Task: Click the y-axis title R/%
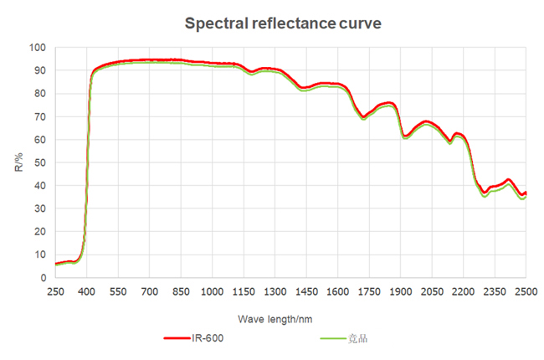click(x=19, y=162)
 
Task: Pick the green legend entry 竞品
click(x=362, y=338)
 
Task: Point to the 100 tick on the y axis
click(x=38, y=47)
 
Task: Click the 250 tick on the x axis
click(x=55, y=290)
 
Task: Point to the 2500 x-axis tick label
click(x=526, y=290)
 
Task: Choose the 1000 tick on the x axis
click(x=213, y=290)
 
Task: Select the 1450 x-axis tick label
click(x=306, y=290)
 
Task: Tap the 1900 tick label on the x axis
click(x=401, y=290)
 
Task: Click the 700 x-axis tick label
click(x=150, y=290)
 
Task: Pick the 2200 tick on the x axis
click(x=464, y=290)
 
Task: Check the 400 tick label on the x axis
click(x=87, y=290)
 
